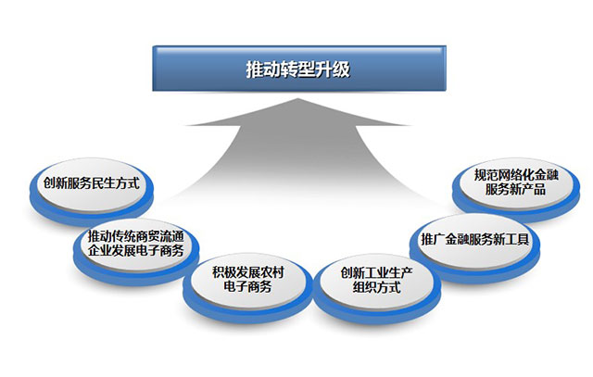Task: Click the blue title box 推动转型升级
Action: click(299, 69)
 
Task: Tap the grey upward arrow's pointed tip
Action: click(298, 99)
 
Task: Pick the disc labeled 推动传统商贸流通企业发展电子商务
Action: click(136, 250)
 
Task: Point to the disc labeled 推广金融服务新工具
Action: click(475, 246)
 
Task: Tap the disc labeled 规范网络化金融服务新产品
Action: click(516, 188)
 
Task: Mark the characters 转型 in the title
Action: click(298, 69)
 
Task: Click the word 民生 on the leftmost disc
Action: click(104, 183)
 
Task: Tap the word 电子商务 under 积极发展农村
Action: click(247, 286)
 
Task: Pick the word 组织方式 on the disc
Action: click(377, 287)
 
